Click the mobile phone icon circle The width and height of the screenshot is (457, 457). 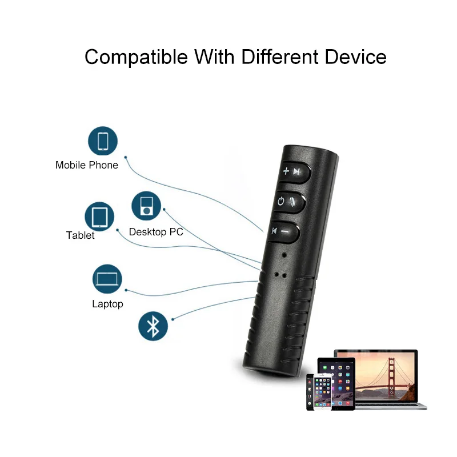[x=103, y=141]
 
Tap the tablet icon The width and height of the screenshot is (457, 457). [x=99, y=217]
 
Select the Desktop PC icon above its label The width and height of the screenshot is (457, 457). [x=147, y=206]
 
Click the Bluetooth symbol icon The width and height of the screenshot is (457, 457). [x=153, y=327]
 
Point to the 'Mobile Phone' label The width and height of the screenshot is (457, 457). [x=87, y=165]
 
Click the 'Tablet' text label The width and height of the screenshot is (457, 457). [x=81, y=235]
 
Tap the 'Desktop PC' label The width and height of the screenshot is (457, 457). [x=156, y=232]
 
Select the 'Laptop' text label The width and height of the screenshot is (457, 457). [x=107, y=304]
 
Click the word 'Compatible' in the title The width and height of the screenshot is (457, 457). [x=137, y=57]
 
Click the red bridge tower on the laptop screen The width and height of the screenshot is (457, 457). [x=391, y=371]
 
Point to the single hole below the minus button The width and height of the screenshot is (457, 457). [x=284, y=252]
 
